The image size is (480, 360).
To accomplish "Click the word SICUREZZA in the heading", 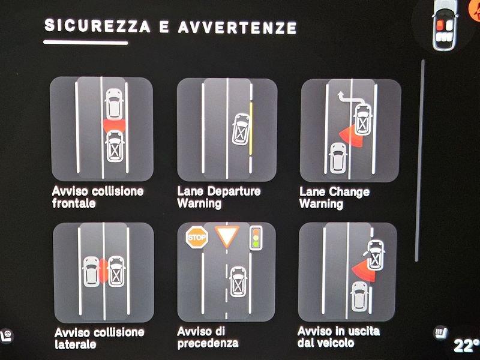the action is [97, 25].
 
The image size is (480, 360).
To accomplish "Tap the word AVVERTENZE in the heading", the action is [237, 28].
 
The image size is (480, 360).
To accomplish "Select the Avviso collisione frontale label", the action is [98, 197].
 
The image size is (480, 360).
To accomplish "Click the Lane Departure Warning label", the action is [219, 197].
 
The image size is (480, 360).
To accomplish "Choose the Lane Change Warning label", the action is [335, 198].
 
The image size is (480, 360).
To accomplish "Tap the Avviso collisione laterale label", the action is [99, 338].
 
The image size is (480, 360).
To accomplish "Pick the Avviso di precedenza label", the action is [208, 337].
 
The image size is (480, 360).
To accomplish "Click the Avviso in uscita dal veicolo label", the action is [338, 337].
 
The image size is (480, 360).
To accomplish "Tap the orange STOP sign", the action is [197, 237].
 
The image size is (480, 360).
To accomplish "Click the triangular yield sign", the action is [227, 235].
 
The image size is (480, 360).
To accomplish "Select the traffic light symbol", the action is [256, 238].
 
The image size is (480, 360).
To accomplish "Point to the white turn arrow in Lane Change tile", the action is [352, 97].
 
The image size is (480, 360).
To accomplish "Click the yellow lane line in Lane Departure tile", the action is [251, 128].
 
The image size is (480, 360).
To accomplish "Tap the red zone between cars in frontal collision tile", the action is [114, 125].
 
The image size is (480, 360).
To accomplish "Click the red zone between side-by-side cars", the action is [104, 271].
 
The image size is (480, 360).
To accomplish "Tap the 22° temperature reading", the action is [466, 346].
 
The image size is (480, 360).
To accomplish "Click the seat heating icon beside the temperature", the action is [440, 332].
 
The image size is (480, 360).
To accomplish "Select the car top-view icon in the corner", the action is [443, 25].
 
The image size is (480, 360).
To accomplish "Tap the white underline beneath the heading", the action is [86, 42].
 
